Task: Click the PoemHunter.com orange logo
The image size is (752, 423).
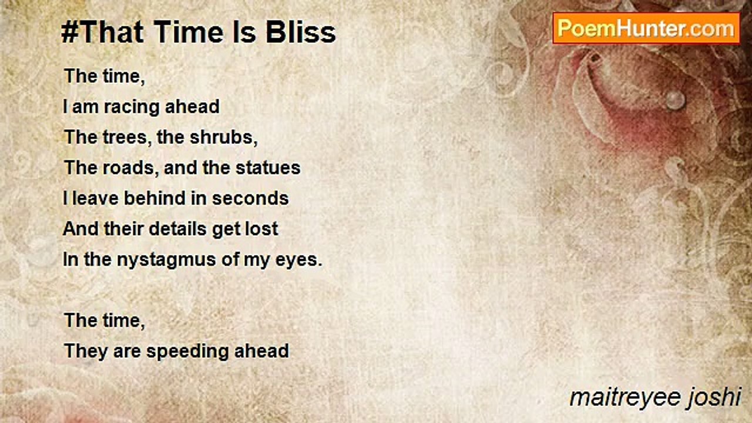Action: tap(646, 29)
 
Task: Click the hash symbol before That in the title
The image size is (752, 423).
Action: tap(70, 32)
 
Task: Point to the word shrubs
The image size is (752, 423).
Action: tap(224, 137)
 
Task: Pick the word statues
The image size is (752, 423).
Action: tap(268, 167)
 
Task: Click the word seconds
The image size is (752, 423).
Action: tap(250, 198)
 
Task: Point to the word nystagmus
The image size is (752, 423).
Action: tap(166, 260)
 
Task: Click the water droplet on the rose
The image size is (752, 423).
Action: tap(675, 100)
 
